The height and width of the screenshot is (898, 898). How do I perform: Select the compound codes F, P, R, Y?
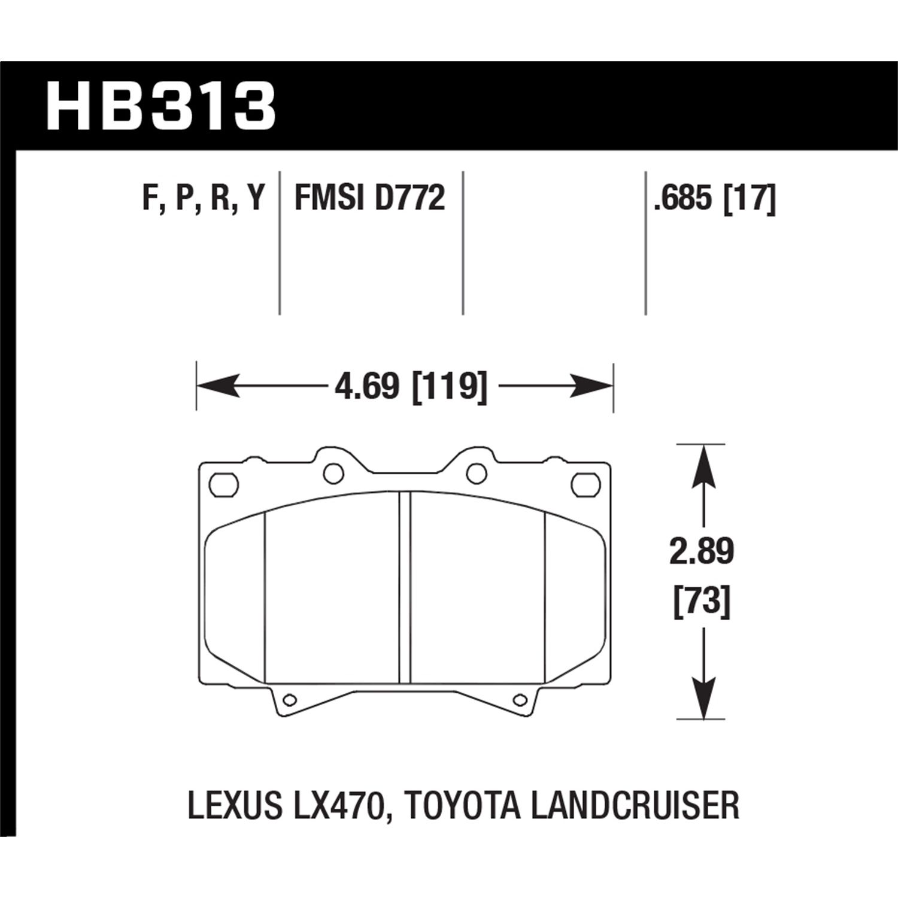pos(204,198)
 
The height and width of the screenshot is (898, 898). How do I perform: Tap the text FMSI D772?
pos(369,198)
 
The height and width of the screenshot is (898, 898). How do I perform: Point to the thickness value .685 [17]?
pos(714,198)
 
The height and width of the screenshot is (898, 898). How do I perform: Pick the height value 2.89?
pos(702,551)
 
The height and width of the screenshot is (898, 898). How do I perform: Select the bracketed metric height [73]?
pos(702,600)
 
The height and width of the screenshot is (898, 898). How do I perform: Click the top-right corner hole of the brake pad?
pos(585,484)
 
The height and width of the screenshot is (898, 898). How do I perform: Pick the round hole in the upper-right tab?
pos(476,474)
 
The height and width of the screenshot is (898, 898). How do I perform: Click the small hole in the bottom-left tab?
pos(289,699)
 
